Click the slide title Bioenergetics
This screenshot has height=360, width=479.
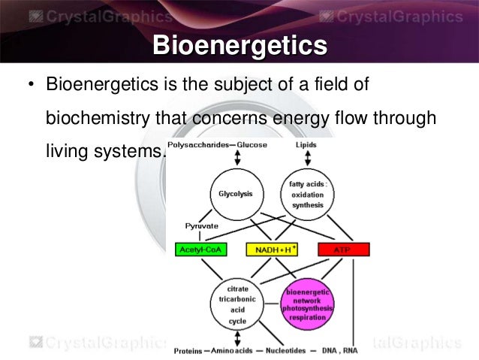pos(239,46)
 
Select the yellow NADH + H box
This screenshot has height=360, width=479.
pos(271,249)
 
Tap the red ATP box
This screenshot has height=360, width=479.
pos(343,249)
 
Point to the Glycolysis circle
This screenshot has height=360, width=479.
pos(236,194)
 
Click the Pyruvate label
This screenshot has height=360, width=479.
pos(202,225)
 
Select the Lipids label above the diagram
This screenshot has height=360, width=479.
pos(306,145)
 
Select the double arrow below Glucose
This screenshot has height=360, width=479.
pos(237,158)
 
